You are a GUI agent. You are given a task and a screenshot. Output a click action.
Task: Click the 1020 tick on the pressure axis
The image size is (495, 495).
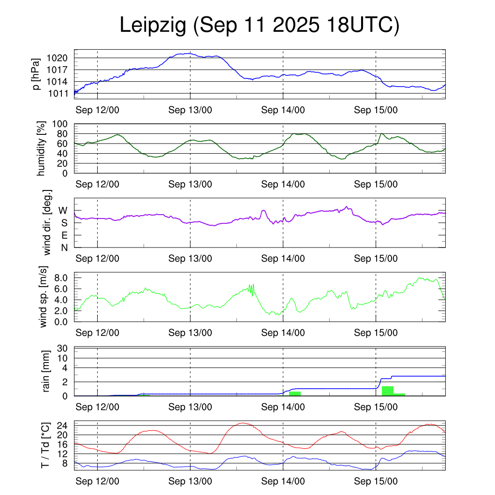pyautogui.click(x=59, y=58)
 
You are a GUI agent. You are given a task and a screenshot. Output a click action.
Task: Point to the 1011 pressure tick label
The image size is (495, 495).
pyautogui.click(x=59, y=93)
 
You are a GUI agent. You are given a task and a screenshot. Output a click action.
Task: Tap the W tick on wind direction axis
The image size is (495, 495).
pyautogui.click(x=63, y=210)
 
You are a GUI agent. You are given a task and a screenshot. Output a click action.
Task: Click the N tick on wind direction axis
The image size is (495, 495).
pyautogui.click(x=64, y=247)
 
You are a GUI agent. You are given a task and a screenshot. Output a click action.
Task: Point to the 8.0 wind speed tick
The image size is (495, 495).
pyautogui.click(x=61, y=278)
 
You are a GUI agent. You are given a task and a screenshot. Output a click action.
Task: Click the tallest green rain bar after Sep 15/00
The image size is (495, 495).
pyautogui.click(x=387, y=391)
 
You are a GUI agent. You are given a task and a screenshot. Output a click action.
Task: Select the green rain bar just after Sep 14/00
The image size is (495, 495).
pyautogui.click(x=295, y=393)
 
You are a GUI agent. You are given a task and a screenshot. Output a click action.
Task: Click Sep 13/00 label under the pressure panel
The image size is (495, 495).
pyautogui.click(x=190, y=110)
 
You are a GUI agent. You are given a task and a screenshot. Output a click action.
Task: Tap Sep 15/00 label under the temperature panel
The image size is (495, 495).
pyautogui.click(x=376, y=481)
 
